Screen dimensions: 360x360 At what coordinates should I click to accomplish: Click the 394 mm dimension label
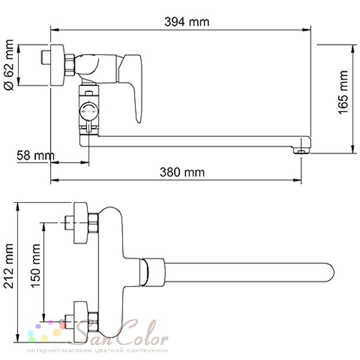coord(187,22)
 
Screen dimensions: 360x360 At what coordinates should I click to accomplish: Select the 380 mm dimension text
coord(182,172)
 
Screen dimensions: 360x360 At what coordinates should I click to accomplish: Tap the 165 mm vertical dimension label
coord(343,92)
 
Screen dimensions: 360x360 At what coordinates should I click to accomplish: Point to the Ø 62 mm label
coord(9,65)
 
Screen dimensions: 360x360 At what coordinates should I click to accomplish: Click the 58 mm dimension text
coord(35,155)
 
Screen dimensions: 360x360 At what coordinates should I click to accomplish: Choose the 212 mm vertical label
coord(9,266)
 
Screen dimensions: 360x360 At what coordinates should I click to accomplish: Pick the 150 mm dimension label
coord(35,266)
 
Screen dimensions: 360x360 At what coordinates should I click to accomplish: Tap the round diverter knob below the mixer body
coord(89,111)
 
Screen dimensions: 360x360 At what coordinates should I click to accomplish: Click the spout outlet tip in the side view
coord(301,151)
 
